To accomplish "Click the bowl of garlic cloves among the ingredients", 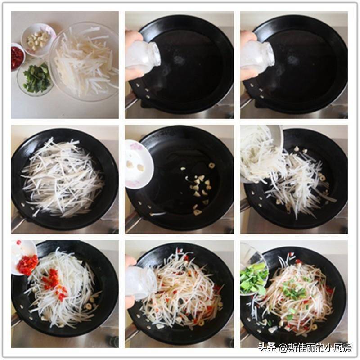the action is pyautogui.click(x=39, y=40).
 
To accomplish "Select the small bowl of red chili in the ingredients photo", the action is pyautogui.click(x=18, y=56).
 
